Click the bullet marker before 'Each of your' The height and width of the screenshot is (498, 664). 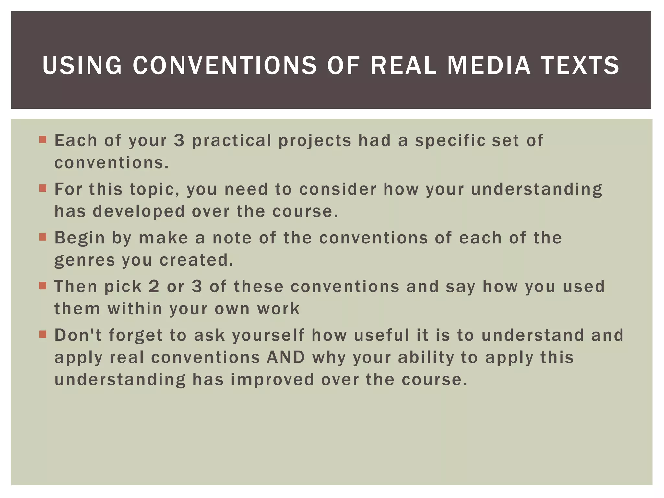[43, 140]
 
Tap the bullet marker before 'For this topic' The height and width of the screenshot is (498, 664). [43, 188]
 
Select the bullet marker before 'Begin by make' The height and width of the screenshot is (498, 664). [43, 237]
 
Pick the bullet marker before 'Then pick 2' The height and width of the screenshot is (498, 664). [43, 286]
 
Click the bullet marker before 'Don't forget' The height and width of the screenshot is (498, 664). [43, 334]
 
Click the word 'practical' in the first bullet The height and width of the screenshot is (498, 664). [232, 141]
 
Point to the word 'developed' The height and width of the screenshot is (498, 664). [138, 211]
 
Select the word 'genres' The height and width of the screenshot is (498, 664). [85, 261]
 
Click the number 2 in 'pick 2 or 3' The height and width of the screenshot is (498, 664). [154, 287]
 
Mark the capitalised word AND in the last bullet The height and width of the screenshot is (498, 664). [286, 357]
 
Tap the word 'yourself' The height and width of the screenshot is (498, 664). [268, 335]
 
